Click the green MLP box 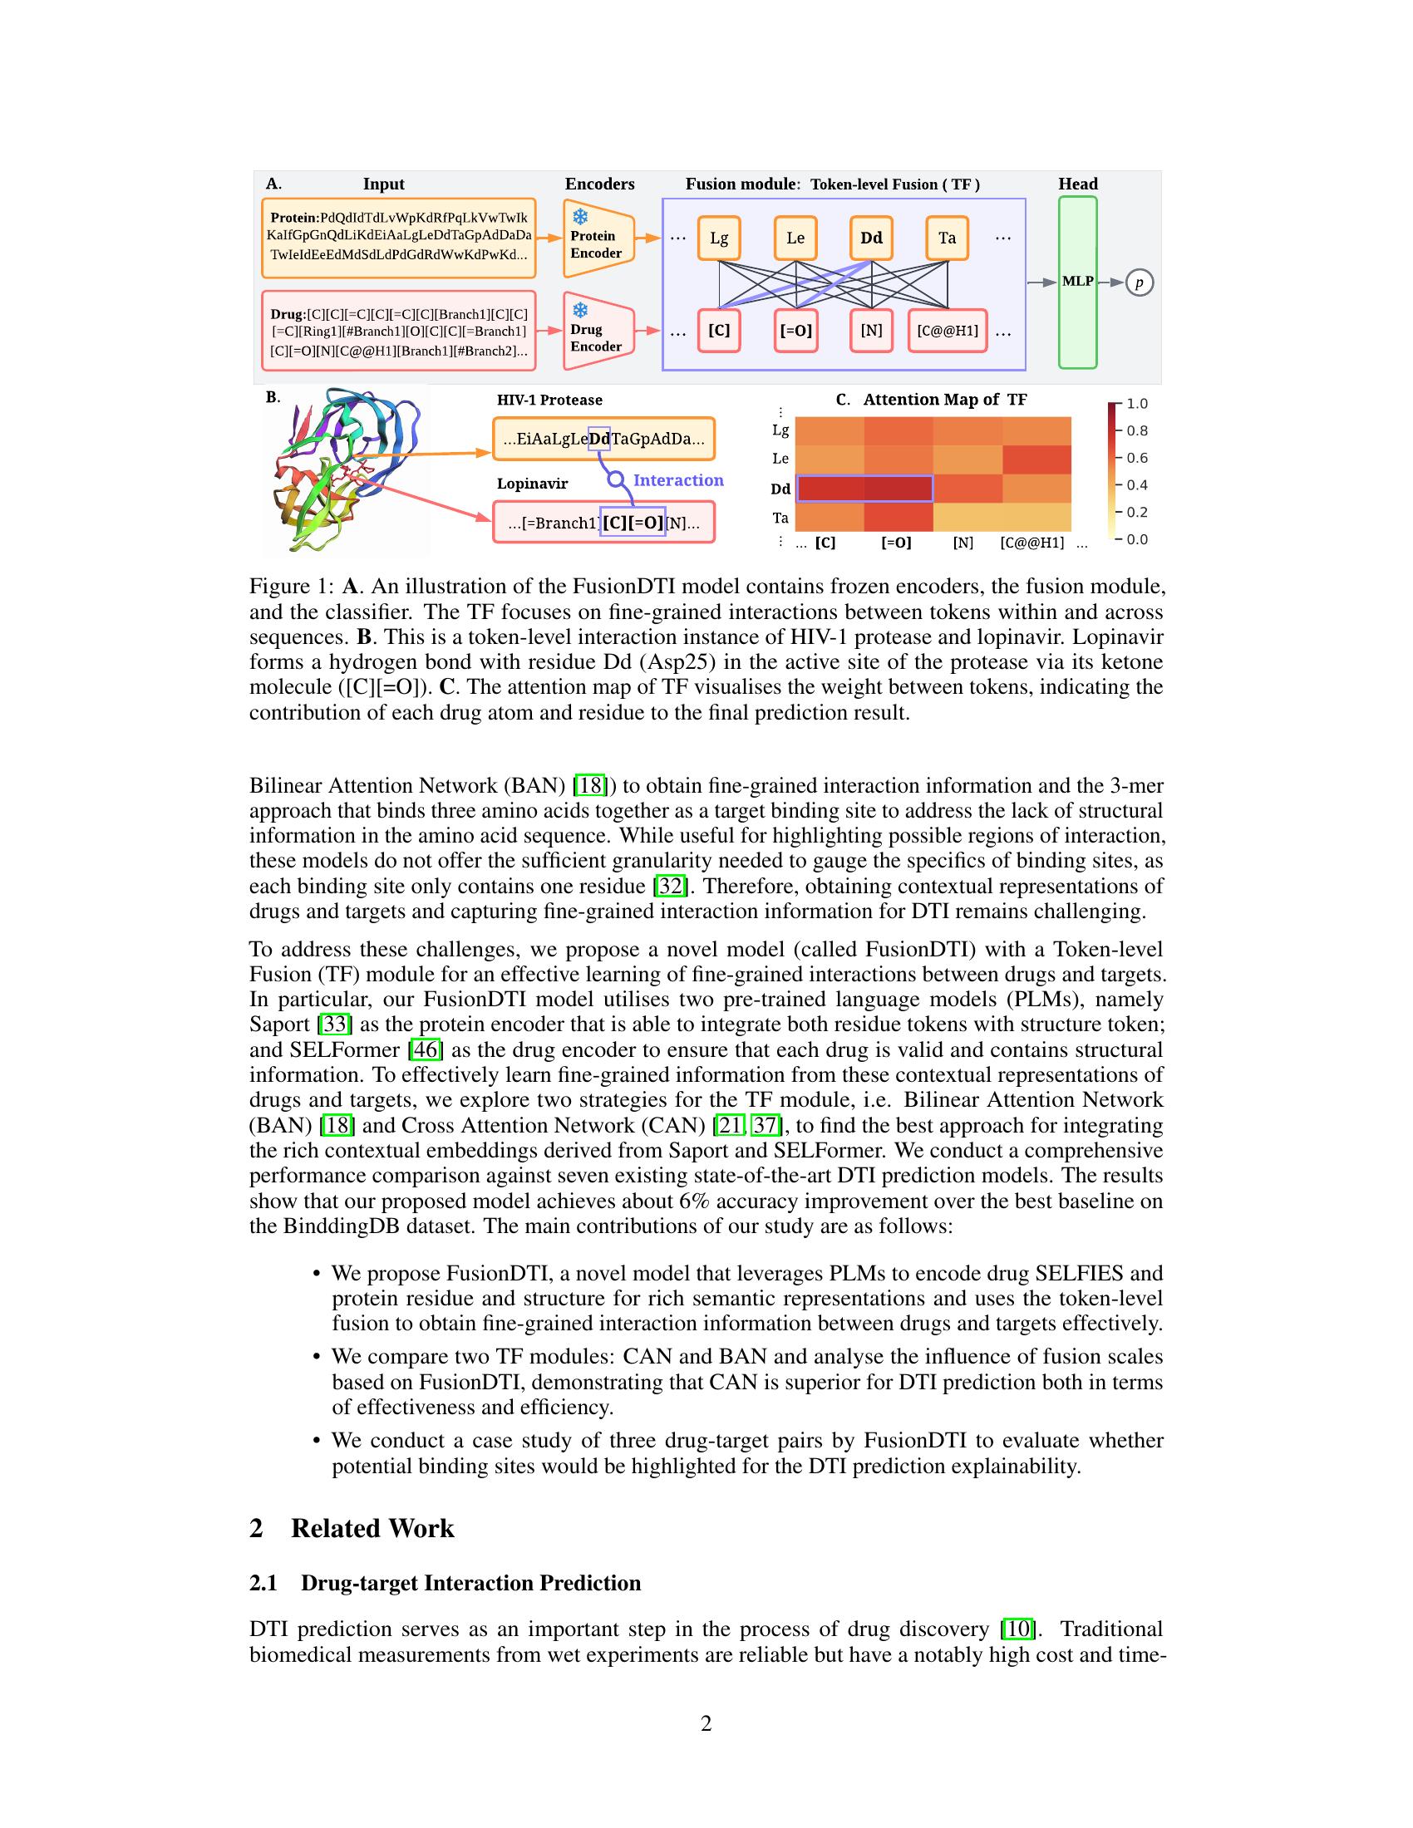[x=1077, y=282]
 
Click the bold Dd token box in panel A [x=871, y=238]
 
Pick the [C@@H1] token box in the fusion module [x=947, y=331]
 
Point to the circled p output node [x=1139, y=283]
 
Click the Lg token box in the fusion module [x=719, y=238]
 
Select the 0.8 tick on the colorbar [x=1137, y=431]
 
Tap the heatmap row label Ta [x=780, y=518]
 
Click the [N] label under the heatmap [x=963, y=543]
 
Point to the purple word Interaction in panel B [x=678, y=479]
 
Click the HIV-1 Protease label [x=549, y=400]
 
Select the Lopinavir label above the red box [x=533, y=484]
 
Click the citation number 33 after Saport [x=334, y=1025]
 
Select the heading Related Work [x=372, y=1528]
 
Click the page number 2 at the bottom [x=706, y=1723]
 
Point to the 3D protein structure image [x=346, y=470]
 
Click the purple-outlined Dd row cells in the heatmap [x=864, y=488]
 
